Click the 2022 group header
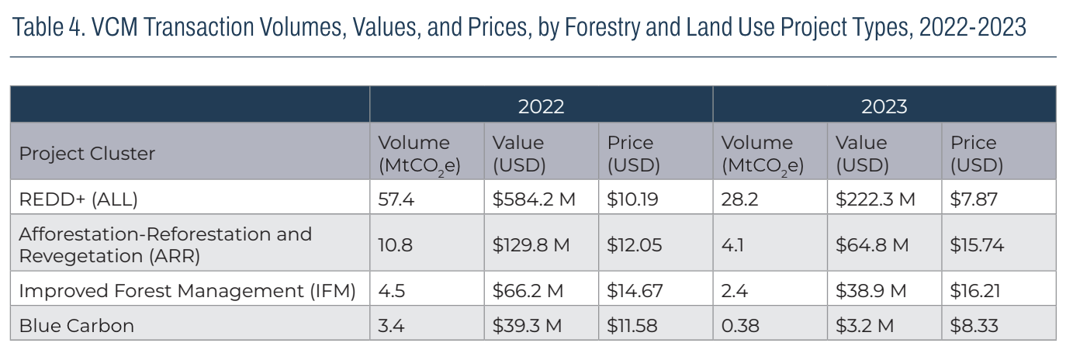(541, 106)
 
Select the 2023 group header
(884, 106)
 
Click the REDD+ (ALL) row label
(78, 199)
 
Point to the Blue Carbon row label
(76, 326)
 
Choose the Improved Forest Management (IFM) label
(187, 292)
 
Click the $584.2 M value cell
(534, 199)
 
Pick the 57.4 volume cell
(396, 199)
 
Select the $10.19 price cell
(633, 199)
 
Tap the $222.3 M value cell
(875, 199)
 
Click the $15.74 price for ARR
(977, 245)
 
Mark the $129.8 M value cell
(531, 245)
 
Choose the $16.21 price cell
(975, 292)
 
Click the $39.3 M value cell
(528, 326)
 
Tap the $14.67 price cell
(635, 292)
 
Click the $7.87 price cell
(974, 199)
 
